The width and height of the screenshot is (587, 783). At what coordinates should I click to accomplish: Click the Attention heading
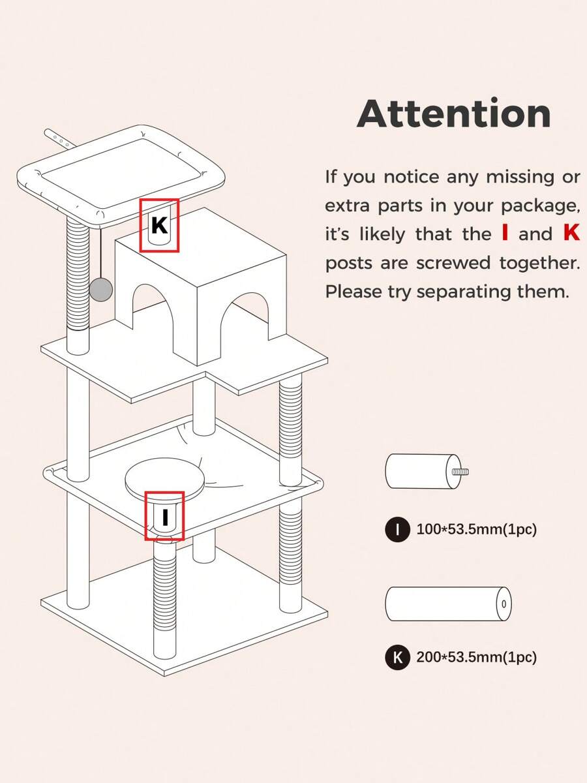point(454,114)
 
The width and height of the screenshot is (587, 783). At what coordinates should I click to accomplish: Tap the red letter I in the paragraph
point(505,233)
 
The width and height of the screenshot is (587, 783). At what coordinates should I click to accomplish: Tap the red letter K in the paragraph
point(571,233)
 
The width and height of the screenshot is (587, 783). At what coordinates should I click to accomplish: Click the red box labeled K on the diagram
point(159,225)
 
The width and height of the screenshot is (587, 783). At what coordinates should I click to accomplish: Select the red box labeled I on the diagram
point(164,516)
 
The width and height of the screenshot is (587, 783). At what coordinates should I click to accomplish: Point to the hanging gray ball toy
point(101,289)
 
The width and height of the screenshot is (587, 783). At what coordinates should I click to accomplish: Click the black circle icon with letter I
point(398,529)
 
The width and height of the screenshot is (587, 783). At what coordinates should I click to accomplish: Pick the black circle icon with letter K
point(398,657)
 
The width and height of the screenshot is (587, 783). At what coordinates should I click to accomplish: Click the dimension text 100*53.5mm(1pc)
point(476,529)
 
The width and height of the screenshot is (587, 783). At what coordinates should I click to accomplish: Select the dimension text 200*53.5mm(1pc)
point(476,657)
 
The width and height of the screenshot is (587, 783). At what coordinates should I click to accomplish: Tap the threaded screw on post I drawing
point(460,471)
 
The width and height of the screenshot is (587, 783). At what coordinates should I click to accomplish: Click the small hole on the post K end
point(504,604)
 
